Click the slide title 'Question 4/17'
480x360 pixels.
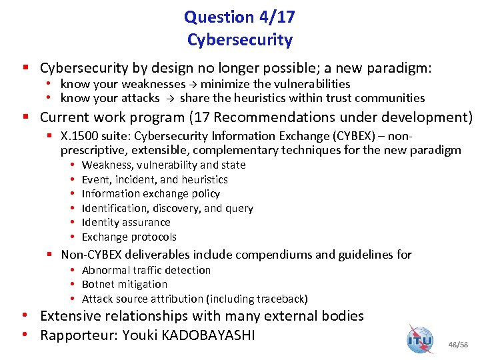coord(239,16)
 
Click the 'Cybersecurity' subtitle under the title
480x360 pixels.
coord(239,40)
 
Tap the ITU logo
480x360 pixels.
coord(420,340)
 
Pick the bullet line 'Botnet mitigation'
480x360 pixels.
coord(124,284)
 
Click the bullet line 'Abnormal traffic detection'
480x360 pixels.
coord(145,270)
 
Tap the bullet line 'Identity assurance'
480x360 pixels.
coord(125,223)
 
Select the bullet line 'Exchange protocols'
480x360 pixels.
coord(129,237)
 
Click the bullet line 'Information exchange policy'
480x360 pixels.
coord(150,194)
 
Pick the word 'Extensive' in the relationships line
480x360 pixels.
coord(73,316)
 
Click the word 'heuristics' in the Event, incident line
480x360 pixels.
coord(204,179)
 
